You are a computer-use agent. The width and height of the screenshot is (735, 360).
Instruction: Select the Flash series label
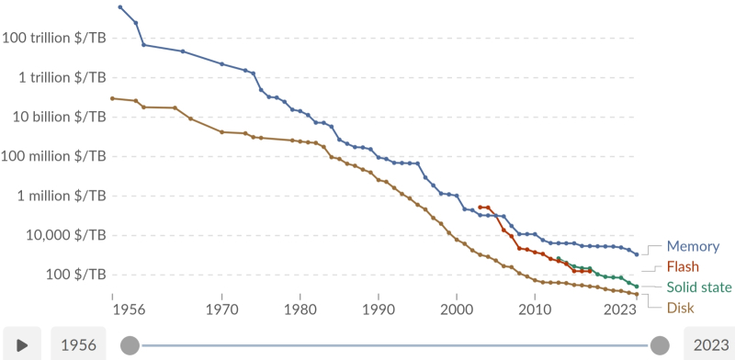tap(683, 266)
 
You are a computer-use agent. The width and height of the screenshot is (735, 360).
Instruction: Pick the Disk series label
tap(680, 307)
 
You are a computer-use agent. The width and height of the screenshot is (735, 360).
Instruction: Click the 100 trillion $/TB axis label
tap(54, 38)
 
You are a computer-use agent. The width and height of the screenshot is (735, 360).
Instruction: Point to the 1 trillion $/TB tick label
tap(60, 77)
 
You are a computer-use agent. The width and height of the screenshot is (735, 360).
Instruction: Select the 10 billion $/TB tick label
tap(59, 117)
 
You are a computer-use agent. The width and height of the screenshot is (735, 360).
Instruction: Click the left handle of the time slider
tap(130, 344)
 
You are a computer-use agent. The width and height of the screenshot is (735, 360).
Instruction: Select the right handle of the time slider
tap(659, 344)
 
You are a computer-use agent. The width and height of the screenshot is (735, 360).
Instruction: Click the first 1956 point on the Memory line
tap(120, 7)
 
